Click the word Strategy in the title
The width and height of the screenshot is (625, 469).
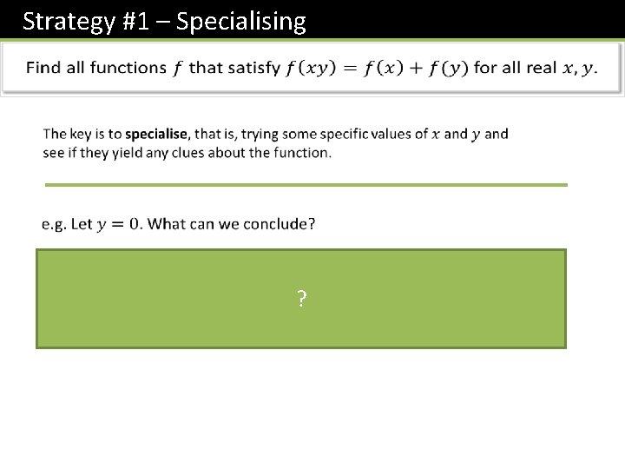(x=66, y=21)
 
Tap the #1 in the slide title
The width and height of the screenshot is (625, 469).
(x=135, y=21)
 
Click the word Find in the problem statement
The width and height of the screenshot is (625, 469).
(x=43, y=68)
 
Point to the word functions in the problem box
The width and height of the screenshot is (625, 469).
(x=120, y=68)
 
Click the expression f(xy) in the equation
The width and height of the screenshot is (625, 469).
(x=308, y=68)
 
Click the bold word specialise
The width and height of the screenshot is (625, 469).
(x=156, y=134)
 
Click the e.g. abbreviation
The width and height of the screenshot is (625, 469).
(x=53, y=224)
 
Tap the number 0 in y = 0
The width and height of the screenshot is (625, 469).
(x=135, y=224)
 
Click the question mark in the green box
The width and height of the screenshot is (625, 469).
(x=301, y=301)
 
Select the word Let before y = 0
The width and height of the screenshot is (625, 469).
(x=82, y=224)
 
